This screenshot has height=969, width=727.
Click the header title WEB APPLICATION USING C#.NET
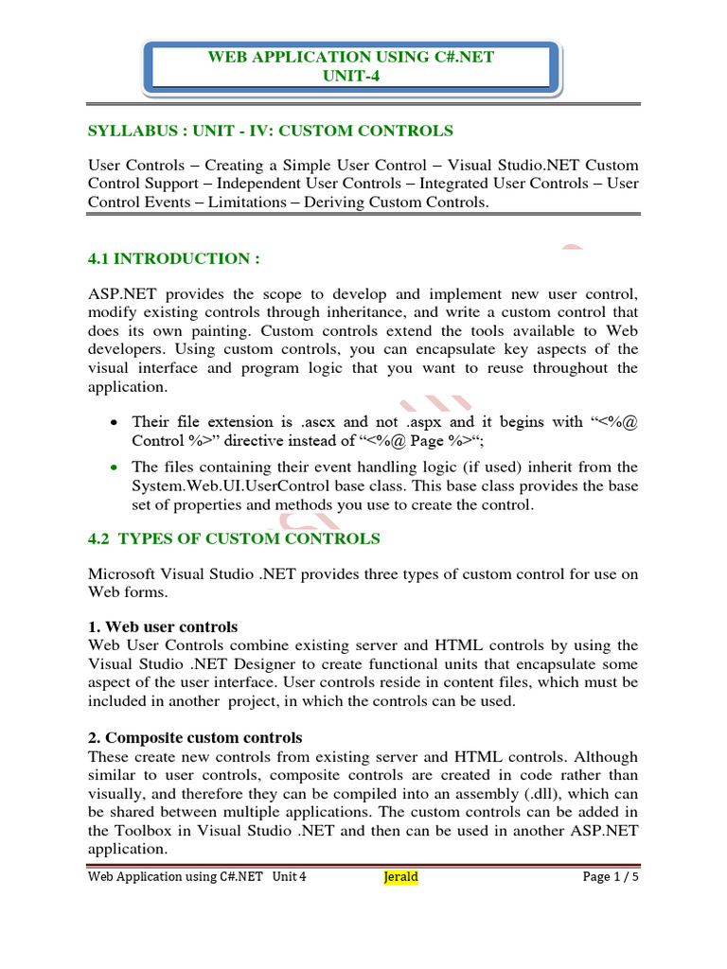pyautogui.click(x=350, y=57)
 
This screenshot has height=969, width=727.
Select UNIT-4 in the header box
pyautogui.click(x=350, y=75)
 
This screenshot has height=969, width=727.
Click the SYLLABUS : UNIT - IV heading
pyautogui.click(x=271, y=131)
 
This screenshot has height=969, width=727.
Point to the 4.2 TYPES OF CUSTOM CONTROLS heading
pyautogui.click(x=234, y=538)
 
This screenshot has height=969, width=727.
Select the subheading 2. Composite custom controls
pyautogui.click(x=195, y=737)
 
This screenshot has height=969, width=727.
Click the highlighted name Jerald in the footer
pyautogui.click(x=400, y=877)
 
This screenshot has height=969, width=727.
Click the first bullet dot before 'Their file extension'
pyautogui.click(x=115, y=423)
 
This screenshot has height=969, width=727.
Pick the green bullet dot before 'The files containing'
pyautogui.click(x=115, y=467)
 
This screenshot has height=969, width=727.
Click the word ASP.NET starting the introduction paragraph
pyautogui.click(x=119, y=293)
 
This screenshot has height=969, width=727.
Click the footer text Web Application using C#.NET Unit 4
pyautogui.click(x=197, y=877)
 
